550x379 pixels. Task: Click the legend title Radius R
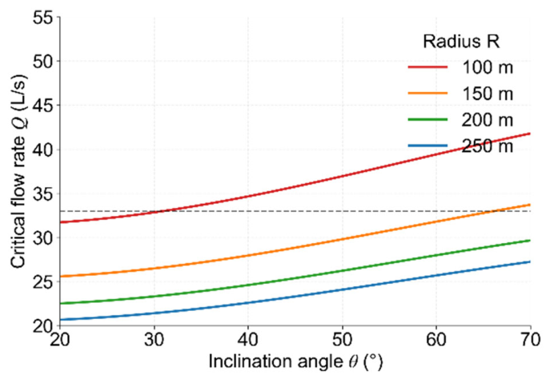point(461,42)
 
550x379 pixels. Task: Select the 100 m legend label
point(488,67)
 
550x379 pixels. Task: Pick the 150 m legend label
point(488,94)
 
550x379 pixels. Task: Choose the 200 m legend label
point(488,120)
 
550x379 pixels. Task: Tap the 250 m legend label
point(488,146)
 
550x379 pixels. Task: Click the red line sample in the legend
point(428,67)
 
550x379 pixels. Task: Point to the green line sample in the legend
point(428,119)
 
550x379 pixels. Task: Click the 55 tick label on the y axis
point(42,17)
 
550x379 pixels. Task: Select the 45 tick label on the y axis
point(42,105)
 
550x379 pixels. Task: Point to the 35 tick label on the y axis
point(42,193)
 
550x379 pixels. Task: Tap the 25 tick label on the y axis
point(42,282)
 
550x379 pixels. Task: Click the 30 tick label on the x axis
point(154,339)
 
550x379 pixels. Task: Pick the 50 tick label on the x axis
point(343,339)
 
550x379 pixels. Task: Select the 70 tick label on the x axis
point(530,339)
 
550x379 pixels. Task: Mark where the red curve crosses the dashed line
point(161,211)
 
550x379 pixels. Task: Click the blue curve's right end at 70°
point(530,261)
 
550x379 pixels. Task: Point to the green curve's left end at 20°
point(60,303)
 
